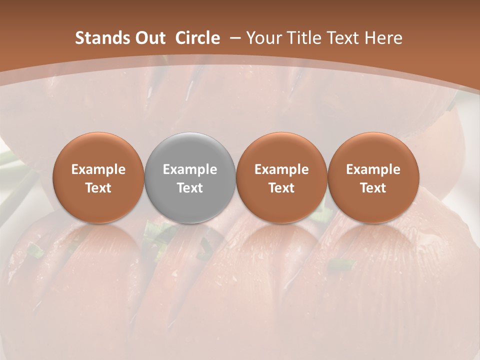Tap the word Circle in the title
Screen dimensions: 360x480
pyautogui.click(x=197, y=38)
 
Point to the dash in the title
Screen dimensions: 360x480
pyautogui.click(x=235, y=38)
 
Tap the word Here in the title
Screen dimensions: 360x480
pyautogui.click(x=382, y=38)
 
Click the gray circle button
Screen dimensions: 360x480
pyautogui.click(x=190, y=177)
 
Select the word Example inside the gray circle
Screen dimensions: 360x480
pyautogui.click(x=190, y=169)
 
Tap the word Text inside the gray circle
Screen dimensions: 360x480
pyautogui.click(x=190, y=188)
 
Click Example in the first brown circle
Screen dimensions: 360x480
pyautogui.click(x=98, y=169)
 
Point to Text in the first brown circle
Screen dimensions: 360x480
pyautogui.click(x=98, y=188)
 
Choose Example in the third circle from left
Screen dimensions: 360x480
pyautogui.click(x=281, y=169)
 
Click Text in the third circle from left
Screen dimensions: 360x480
pyautogui.click(x=281, y=188)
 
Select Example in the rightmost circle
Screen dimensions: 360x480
pyautogui.click(x=373, y=169)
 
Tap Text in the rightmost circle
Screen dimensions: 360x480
pyautogui.click(x=373, y=188)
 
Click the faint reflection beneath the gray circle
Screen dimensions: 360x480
pyautogui.click(x=190, y=240)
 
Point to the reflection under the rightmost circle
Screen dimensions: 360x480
pyautogui.click(x=373, y=240)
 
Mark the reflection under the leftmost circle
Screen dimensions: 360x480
pyautogui.click(x=98, y=240)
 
